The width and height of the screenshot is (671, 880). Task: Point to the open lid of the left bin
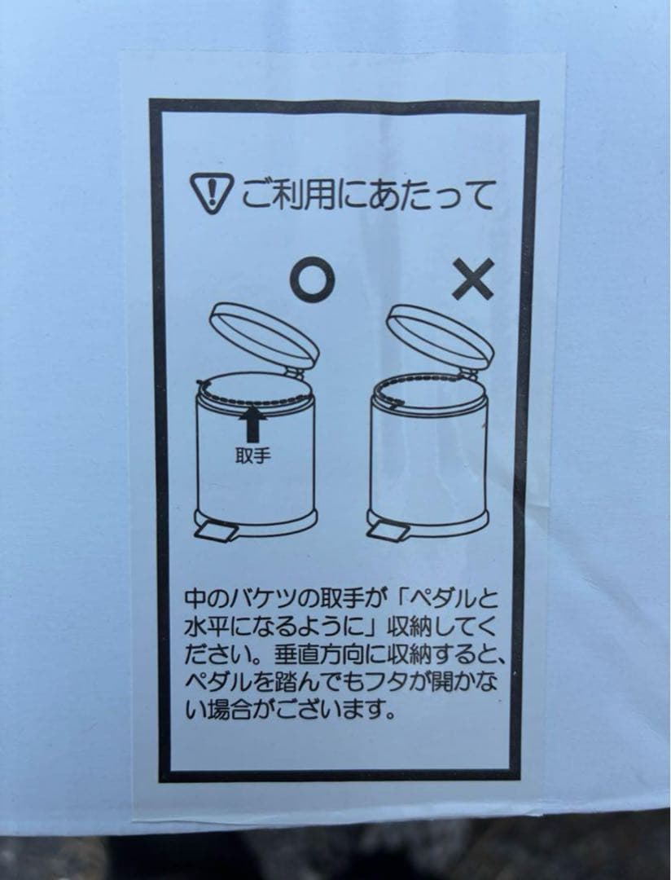(265, 334)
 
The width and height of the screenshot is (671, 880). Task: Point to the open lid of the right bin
(441, 334)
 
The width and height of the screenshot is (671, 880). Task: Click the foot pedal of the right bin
(388, 531)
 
